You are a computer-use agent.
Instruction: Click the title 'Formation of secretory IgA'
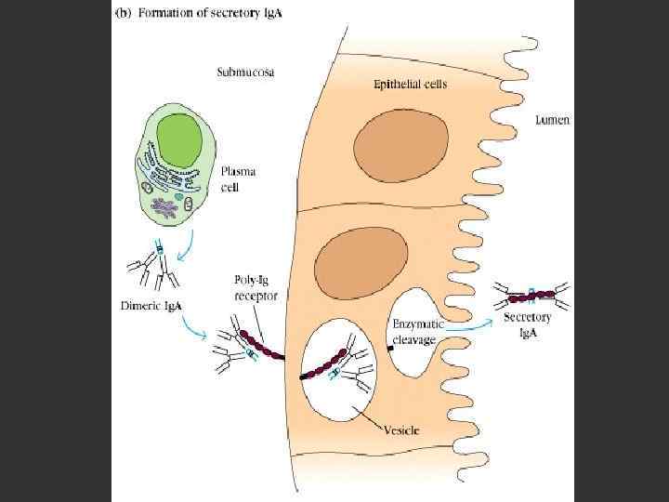199,14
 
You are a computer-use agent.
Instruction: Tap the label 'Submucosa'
244,72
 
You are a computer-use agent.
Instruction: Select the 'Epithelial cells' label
410,84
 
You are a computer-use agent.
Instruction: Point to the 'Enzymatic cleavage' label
418,332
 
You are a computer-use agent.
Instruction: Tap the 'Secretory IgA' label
528,324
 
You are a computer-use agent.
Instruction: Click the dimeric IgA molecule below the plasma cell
158,264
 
